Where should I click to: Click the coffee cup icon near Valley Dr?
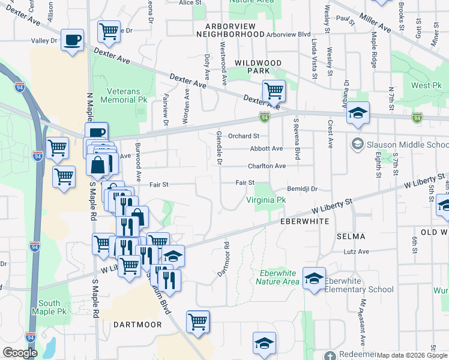73,40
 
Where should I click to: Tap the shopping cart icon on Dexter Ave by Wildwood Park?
274,91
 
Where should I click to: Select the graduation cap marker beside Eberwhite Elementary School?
314,278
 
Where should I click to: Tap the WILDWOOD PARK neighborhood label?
258,67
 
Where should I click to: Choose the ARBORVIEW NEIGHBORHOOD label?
231,31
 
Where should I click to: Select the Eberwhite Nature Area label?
277,277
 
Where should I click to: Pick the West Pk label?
426,85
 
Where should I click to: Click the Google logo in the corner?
20,353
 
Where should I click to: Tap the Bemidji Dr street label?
302,188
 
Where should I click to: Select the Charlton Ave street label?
267,166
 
